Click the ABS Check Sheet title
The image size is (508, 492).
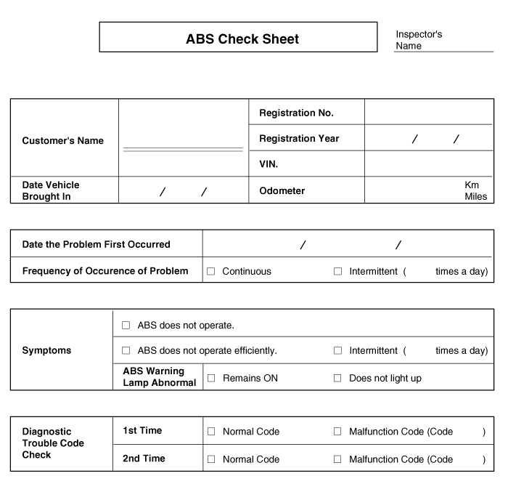click(242, 39)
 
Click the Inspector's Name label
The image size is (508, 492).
click(418, 40)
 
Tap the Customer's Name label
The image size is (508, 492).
click(63, 141)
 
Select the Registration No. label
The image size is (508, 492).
click(296, 113)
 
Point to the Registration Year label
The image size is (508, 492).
click(299, 139)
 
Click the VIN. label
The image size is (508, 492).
click(269, 164)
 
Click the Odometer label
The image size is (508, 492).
click(282, 191)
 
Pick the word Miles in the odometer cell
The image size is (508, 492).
click(475, 197)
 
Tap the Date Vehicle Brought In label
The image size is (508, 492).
click(51, 190)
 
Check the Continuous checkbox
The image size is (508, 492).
click(211, 272)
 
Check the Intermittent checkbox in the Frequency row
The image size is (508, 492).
click(337, 272)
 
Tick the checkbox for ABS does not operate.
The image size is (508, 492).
click(126, 326)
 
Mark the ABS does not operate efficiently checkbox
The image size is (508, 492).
click(126, 351)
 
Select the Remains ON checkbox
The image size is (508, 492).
click(212, 379)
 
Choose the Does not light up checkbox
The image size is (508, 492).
click(337, 379)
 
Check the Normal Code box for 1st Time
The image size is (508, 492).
click(212, 432)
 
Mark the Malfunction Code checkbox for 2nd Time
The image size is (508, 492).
click(337, 459)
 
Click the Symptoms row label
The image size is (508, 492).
click(46, 350)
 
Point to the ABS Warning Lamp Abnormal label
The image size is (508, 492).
click(159, 377)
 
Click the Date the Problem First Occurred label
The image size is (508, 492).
click(97, 245)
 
